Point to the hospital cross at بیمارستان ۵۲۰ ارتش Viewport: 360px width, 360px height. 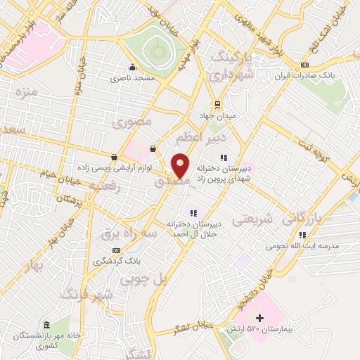(x=259, y=319)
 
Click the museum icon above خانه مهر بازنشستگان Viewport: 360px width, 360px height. (x=47, y=325)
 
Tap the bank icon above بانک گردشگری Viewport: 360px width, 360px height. (x=116, y=250)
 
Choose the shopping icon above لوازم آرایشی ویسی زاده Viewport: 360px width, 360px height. (x=114, y=157)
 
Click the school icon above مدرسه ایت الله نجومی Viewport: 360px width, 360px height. (x=302, y=236)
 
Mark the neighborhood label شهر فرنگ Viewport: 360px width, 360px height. (x=86, y=293)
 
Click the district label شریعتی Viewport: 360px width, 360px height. (x=251, y=220)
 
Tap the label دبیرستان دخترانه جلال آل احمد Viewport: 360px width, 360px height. (x=194, y=227)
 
